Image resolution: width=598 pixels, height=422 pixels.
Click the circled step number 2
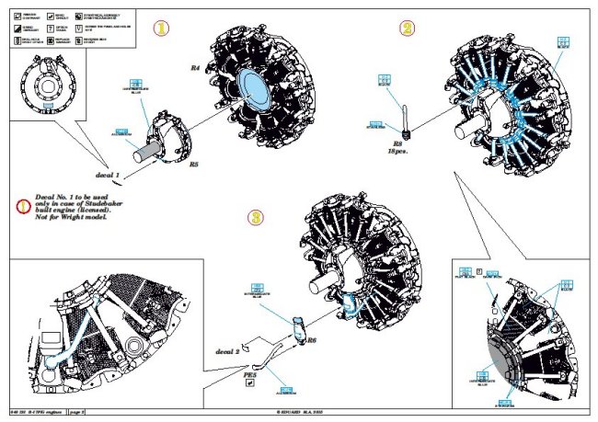(407, 29)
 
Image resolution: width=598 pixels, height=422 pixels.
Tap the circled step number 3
(257, 218)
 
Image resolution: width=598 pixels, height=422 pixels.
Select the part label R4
(195, 69)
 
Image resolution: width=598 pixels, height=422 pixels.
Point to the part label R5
(194, 165)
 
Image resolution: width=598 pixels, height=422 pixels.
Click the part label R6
(313, 339)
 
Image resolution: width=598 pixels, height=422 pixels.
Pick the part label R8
(397, 143)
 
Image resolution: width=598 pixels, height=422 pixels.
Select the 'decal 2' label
(226, 350)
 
